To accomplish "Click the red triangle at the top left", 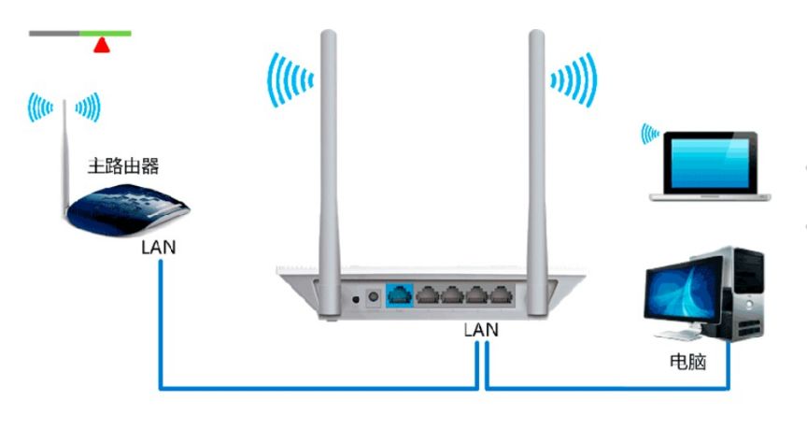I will pos(101,44).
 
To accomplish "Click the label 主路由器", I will pos(123,167).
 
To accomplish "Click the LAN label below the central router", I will pos(481,330).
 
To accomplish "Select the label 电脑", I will pos(688,360).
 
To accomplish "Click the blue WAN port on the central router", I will pos(399,295).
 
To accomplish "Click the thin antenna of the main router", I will pos(65,150).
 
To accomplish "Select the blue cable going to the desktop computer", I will pos(607,387).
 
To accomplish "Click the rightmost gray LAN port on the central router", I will pos(501,295).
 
